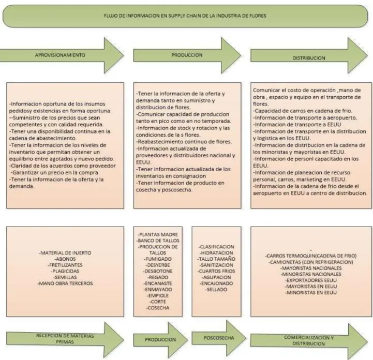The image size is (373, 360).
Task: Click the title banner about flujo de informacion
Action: (x=185, y=16)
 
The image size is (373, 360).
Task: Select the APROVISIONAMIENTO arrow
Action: (x=62, y=55)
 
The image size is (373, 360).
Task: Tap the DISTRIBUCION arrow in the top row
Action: (x=309, y=55)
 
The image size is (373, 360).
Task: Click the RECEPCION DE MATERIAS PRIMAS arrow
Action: (x=65, y=339)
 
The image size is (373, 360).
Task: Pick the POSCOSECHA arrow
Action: (x=219, y=338)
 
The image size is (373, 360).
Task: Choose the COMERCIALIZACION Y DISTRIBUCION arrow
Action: (x=309, y=340)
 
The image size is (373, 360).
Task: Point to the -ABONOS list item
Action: (x=65, y=259)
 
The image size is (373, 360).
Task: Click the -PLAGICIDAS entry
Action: (x=65, y=271)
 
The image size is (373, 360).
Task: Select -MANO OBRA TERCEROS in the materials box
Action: (x=65, y=283)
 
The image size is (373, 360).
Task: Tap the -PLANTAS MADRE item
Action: (x=158, y=234)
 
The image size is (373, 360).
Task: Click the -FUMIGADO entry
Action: (x=158, y=259)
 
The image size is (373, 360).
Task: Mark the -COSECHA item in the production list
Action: (x=158, y=308)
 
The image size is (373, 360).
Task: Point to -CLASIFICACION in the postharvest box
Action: (x=216, y=247)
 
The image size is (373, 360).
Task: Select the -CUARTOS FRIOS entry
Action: (x=216, y=271)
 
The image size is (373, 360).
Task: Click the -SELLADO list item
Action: (x=216, y=290)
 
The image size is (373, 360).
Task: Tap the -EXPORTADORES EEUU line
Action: (x=311, y=280)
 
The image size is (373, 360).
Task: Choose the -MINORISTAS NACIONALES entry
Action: (x=311, y=274)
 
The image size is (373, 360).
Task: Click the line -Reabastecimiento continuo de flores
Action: (x=184, y=142)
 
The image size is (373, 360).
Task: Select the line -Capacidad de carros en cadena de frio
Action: (x=302, y=111)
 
